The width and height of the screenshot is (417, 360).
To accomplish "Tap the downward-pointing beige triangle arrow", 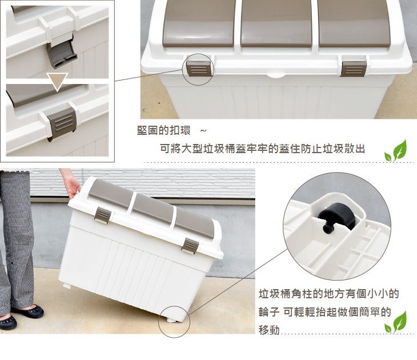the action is click(x=57, y=81).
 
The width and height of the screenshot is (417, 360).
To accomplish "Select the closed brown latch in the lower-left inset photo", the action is click(x=62, y=123).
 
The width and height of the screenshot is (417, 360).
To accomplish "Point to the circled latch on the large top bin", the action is click(x=199, y=68).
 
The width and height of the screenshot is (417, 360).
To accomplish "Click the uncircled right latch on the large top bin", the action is click(x=354, y=69).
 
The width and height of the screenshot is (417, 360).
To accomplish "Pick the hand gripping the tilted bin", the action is click(x=71, y=186).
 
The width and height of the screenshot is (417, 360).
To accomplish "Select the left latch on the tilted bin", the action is click(x=102, y=215).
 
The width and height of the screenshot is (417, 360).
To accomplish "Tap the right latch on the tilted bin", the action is click(x=190, y=245).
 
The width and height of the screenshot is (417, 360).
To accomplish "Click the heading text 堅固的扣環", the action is click(x=163, y=130).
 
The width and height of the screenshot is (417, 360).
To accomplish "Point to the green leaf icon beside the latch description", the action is click(x=396, y=151).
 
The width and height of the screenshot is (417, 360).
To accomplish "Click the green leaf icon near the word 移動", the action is click(x=396, y=322).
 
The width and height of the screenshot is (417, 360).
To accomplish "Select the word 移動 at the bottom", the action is click(x=269, y=330).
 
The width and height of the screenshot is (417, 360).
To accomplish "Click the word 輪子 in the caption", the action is click(x=269, y=312).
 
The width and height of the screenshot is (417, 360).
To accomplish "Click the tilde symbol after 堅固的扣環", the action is click(x=203, y=131).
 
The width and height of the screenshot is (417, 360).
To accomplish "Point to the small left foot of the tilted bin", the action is click(x=67, y=286).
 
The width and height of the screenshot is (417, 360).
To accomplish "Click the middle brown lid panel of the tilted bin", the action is click(x=152, y=210).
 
